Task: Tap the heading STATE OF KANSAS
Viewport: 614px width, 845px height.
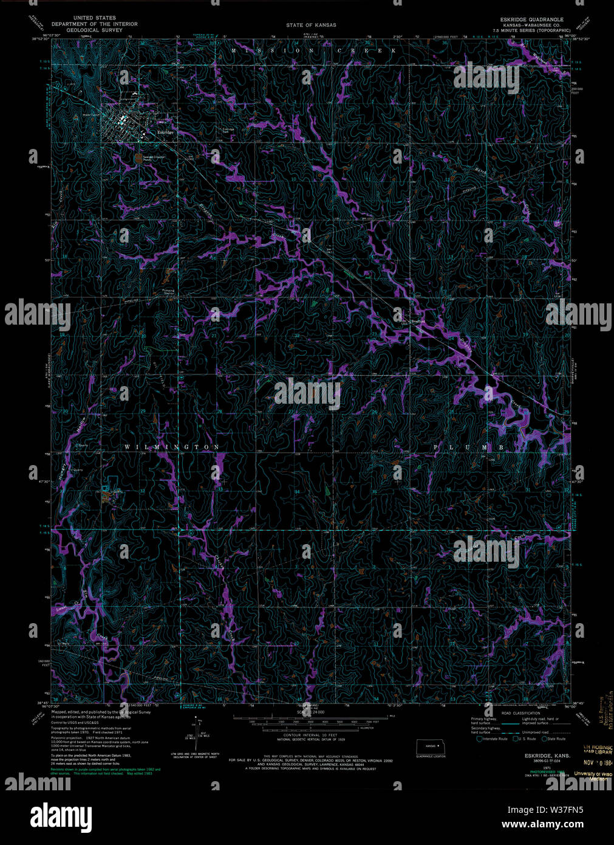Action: coord(311,25)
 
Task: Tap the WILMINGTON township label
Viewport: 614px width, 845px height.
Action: coord(172,447)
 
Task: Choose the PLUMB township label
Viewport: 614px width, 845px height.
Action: coord(469,447)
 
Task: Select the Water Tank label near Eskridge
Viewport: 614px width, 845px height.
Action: coord(90,114)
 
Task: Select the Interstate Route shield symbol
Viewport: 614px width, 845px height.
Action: coord(479,739)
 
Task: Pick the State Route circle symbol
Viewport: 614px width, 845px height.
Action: coord(544,739)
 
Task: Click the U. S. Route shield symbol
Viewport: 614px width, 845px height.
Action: coord(514,739)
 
